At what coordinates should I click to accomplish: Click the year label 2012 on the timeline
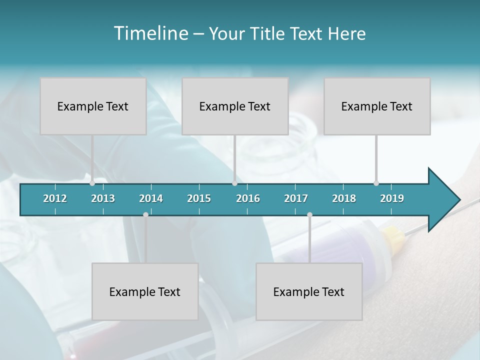pyautogui.click(x=55, y=198)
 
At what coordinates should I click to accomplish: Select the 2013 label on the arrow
pyautogui.click(x=103, y=198)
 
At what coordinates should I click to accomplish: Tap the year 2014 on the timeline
pyautogui.click(x=151, y=198)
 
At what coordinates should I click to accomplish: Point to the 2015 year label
pyautogui.click(x=199, y=198)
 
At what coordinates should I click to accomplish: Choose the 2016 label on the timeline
pyautogui.click(x=248, y=198)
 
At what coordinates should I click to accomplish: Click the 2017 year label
pyautogui.click(x=296, y=198)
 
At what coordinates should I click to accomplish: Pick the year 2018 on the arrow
pyautogui.click(x=344, y=198)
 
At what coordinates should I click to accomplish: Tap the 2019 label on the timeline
pyautogui.click(x=392, y=198)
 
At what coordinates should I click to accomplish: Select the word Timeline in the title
pyautogui.click(x=150, y=33)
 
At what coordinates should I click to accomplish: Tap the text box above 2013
pyautogui.click(x=93, y=106)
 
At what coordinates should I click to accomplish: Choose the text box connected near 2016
pyautogui.click(x=235, y=106)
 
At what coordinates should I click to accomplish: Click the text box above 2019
pyautogui.click(x=377, y=106)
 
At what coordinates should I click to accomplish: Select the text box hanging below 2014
pyautogui.click(x=145, y=291)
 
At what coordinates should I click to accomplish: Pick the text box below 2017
pyautogui.click(x=309, y=291)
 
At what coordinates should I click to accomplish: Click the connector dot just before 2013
pyautogui.click(x=92, y=183)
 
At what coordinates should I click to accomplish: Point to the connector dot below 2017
pyautogui.click(x=309, y=215)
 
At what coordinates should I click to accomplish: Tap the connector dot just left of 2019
pyautogui.click(x=376, y=183)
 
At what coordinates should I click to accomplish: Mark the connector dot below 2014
pyautogui.click(x=145, y=215)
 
